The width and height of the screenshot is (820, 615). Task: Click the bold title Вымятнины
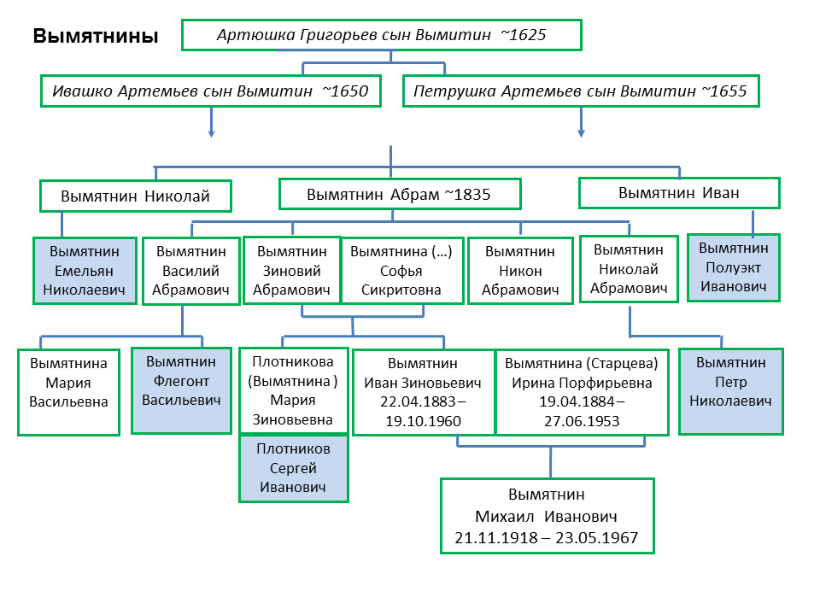click(x=96, y=36)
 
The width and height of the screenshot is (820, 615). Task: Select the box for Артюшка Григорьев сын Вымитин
click(x=382, y=35)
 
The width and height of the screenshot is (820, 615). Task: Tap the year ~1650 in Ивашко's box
click(x=345, y=91)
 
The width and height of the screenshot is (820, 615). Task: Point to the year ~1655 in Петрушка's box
click(x=723, y=91)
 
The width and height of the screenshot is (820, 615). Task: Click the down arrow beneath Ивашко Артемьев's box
click(x=211, y=122)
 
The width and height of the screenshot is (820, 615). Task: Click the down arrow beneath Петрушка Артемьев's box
click(x=581, y=122)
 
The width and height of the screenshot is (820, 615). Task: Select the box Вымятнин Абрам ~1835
click(x=400, y=194)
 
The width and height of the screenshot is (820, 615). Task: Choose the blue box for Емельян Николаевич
click(x=85, y=271)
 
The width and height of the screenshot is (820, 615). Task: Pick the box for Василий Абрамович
click(x=190, y=271)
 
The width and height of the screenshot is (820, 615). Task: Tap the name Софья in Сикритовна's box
click(x=401, y=271)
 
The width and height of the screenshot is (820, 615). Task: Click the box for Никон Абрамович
click(x=520, y=271)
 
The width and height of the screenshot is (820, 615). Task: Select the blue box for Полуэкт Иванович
click(x=734, y=267)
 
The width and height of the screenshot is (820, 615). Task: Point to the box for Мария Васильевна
click(x=68, y=392)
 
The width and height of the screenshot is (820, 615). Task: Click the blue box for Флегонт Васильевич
click(x=181, y=390)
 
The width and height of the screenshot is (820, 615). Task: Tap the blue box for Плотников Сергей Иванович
click(x=293, y=468)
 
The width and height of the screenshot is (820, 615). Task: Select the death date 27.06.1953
click(x=582, y=421)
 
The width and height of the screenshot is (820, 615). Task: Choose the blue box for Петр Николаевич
click(x=730, y=392)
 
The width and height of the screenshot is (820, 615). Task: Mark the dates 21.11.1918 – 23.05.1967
click(x=547, y=537)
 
